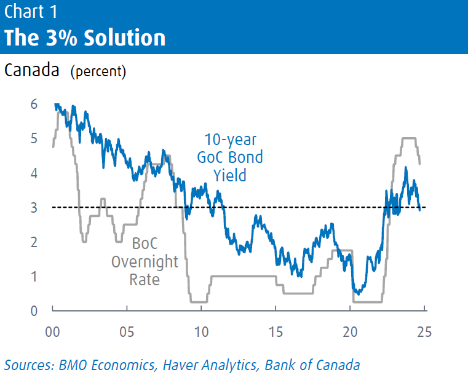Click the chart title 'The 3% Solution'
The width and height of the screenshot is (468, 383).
click(x=85, y=38)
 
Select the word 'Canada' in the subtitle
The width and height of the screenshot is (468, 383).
click(x=32, y=71)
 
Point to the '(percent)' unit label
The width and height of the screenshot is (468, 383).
click(x=98, y=72)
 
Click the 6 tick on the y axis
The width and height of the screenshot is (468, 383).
click(x=34, y=105)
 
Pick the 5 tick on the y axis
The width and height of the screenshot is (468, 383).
click(x=34, y=139)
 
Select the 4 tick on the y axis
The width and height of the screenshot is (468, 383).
click(x=34, y=173)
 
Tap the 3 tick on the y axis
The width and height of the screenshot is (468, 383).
click(x=34, y=208)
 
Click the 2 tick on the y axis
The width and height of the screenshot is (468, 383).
click(x=34, y=242)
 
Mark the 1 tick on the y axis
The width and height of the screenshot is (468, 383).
click(x=34, y=277)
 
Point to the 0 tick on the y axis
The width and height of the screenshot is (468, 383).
click(x=34, y=311)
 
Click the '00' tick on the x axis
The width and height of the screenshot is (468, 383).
click(x=53, y=332)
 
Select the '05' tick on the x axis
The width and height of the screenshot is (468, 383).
click(x=127, y=332)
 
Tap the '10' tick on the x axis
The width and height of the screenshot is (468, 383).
click(x=201, y=332)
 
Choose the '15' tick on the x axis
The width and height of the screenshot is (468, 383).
click(x=276, y=332)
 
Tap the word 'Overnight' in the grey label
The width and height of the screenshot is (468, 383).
click(x=145, y=263)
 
